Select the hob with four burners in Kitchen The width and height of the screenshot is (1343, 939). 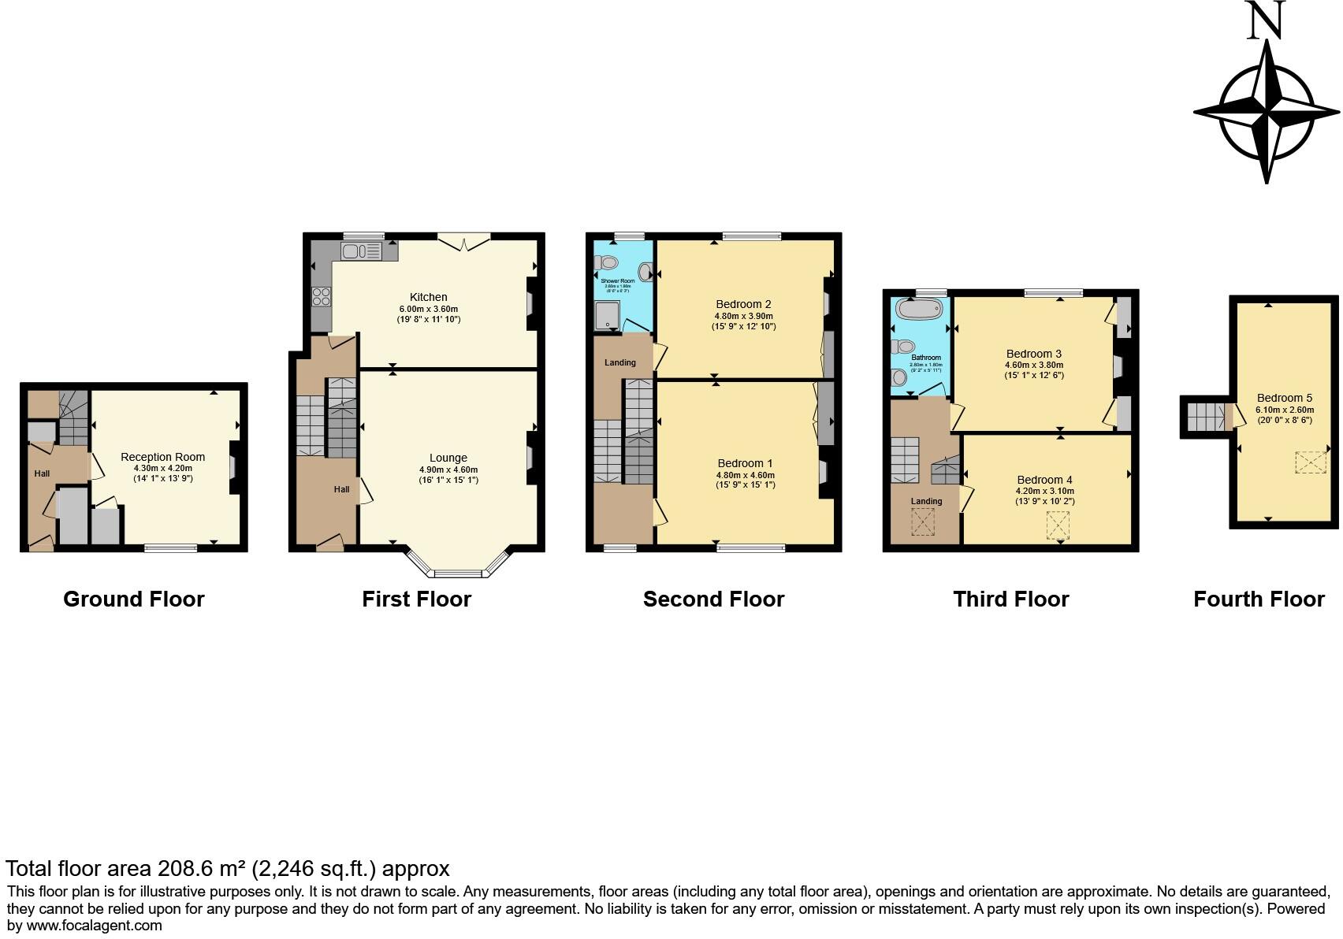pos(322,296)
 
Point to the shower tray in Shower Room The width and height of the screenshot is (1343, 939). pos(608,315)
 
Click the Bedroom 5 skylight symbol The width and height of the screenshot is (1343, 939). pos(1310,462)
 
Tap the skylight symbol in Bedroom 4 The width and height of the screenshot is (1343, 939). pos(1058,525)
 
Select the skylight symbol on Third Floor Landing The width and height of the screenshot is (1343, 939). pos(922,521)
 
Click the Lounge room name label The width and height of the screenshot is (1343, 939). pos(448,458)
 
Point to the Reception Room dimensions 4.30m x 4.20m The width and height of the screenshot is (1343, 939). pos(162,468)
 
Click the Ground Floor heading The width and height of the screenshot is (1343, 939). pos(133,599)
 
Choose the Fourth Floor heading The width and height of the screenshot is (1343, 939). pos(1258,599)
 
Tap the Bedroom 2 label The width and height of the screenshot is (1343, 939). pos(743,304)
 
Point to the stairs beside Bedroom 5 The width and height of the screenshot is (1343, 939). pos(1204,417)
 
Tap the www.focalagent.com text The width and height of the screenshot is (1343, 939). pos(95,926)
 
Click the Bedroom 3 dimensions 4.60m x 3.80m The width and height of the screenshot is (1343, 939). pos(1033,365)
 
